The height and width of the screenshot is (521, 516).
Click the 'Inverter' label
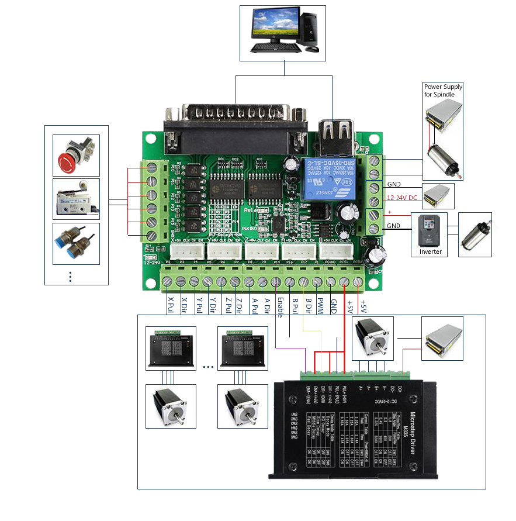pos(430,251)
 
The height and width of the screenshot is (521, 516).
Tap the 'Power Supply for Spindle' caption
pos(443,91)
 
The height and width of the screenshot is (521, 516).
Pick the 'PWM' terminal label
pos(320,306)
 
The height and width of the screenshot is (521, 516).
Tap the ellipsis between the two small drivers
pos(207,367)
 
